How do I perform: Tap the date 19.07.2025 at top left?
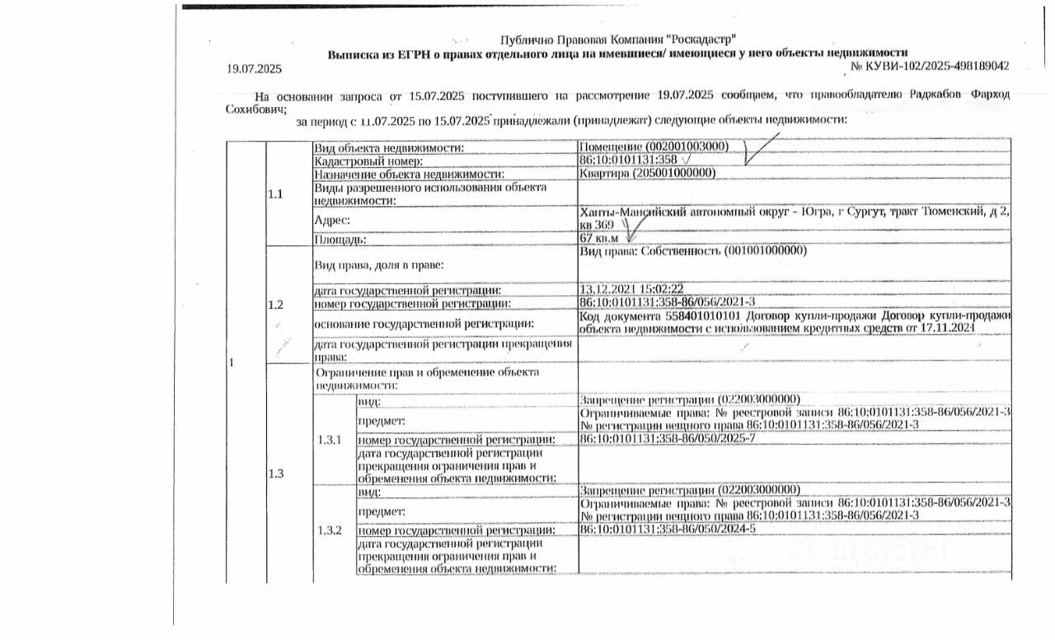(254, 69)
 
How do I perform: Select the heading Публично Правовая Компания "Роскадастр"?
(617, 40)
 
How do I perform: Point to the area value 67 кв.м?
(599, 239)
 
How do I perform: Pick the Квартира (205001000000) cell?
(647, 173)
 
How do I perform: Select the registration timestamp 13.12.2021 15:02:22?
(632, 289)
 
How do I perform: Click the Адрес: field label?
(332, 220)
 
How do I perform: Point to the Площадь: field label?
(340, 240)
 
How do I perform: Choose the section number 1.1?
(275, 194)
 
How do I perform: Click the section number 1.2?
(275, 305)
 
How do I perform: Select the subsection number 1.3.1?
(330, 439)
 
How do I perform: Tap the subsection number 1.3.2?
(330, 530)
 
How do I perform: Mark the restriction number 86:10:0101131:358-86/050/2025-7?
(668, 437)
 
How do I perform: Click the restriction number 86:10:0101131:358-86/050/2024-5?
(668, 529)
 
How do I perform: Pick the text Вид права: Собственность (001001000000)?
(692, 251)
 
